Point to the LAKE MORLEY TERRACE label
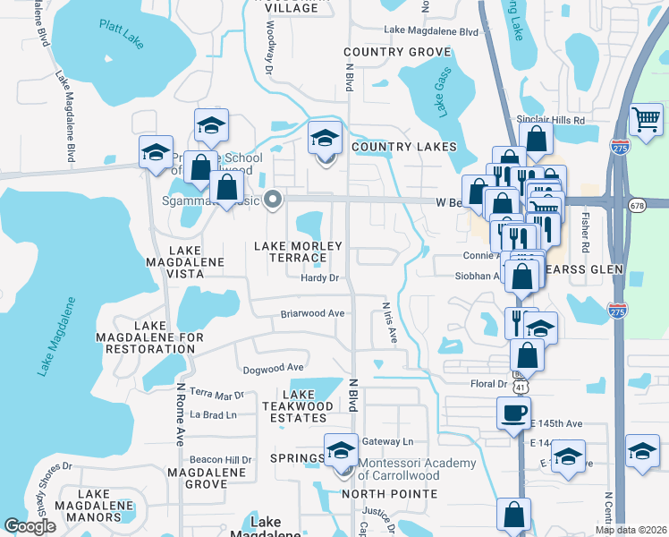click(x=299, y=252)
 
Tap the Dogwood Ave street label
click(x=274, y=368)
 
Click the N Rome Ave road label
click(x=180, y=414)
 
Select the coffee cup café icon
click(x=513, y=413)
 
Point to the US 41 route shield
click(x=520, y=388)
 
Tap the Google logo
click(x=30, y=526)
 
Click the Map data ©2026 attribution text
click(x=631, y=530)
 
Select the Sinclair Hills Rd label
click(x=550, y=119)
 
